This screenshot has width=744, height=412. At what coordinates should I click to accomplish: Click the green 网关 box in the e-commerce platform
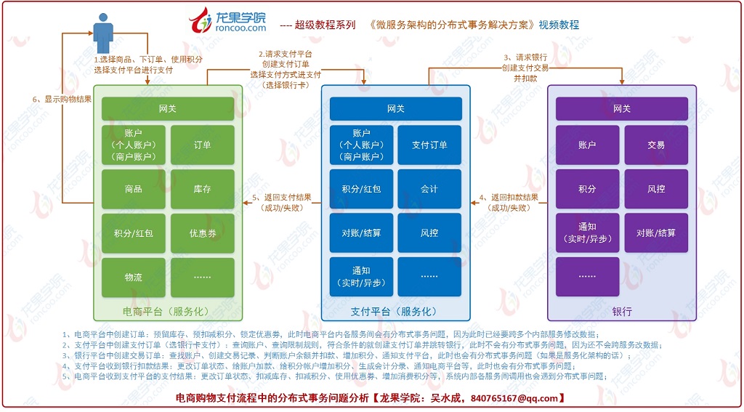point(168,109)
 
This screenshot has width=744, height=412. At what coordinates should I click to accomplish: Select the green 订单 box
point(203,145)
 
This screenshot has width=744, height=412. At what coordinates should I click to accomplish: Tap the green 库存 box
point(203,189)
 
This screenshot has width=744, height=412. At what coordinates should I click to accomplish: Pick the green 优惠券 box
point(203,233)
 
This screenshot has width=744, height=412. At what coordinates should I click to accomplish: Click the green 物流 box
point(133,277)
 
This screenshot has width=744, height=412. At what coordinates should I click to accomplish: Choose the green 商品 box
point(133,189)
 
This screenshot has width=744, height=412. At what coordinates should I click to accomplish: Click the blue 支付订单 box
point(429,145)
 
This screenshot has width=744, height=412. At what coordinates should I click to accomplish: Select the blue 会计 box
point(429,189)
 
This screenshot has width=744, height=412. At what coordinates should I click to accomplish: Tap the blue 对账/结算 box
point(361,233)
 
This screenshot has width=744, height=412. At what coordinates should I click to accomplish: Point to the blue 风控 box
point(429,233)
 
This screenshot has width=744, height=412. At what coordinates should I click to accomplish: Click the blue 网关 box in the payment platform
point(395,109)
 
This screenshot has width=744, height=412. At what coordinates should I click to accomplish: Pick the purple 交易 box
point(656,145)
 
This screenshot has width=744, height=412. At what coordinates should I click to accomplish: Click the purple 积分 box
point(587,189)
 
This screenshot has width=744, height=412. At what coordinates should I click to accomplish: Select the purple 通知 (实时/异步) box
point(587,233)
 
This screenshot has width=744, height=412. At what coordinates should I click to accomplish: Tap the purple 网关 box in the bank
point(622,109)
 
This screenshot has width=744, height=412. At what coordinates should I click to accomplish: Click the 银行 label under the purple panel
point(622,312)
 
